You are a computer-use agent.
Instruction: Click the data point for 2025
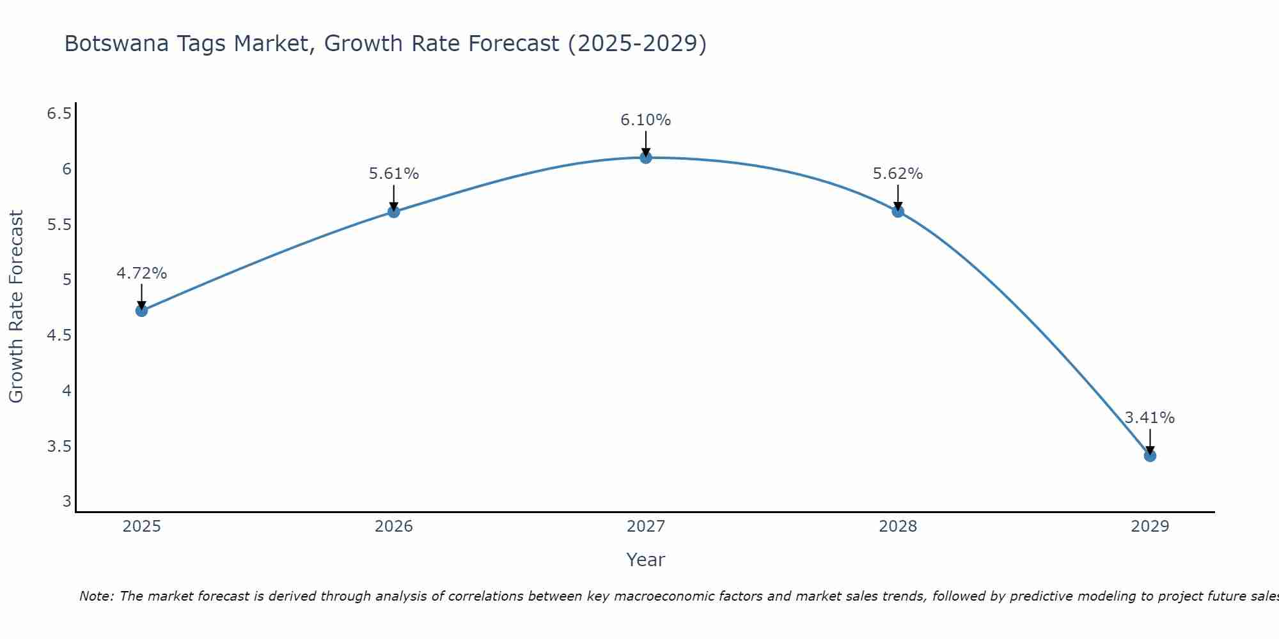click(141, 311)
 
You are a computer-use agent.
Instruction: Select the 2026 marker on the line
click(394, 212)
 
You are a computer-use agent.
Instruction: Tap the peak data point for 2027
click(646, 157)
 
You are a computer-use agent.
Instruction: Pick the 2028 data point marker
click(898, 211)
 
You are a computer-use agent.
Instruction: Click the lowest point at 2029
click(1150, 456)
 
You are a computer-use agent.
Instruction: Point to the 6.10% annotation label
click(646, 120)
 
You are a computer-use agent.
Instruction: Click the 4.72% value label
click(141, 273)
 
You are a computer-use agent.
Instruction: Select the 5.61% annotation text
click(394, 174)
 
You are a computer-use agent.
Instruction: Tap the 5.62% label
click(898, 174)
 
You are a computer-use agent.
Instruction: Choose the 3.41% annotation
click(1150, 418)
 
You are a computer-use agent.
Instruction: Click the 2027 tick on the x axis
click(646, 527)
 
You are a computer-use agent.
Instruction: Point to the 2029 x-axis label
click(1150, 527)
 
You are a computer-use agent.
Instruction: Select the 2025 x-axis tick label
click(141, 527)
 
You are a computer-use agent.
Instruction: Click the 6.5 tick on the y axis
click(59, 114)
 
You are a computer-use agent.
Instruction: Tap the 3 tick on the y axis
click(67, 502)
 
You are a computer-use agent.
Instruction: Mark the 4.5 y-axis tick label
click(59, 335)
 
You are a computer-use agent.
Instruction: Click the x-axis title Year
click(646, 560)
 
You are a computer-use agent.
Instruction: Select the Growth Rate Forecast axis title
click(17, 307)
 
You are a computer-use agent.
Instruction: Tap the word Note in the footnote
click(96, 596)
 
